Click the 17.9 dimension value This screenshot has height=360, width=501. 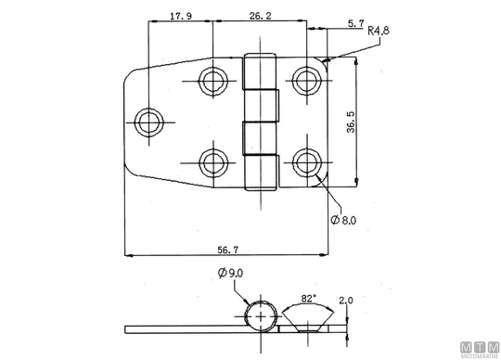(181, 16)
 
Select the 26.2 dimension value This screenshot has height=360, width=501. (260, 16)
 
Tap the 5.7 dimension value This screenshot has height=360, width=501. (355, 23)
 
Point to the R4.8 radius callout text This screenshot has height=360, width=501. (379, 31)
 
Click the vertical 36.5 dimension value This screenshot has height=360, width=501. (351, 122)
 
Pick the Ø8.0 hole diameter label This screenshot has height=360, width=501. (343, 220)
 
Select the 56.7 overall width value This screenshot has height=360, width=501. (228, 250)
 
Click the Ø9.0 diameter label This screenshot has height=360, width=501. (230, 273)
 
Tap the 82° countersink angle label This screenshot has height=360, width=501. (309, 299)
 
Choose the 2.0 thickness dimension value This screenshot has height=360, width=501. (346, 301)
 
